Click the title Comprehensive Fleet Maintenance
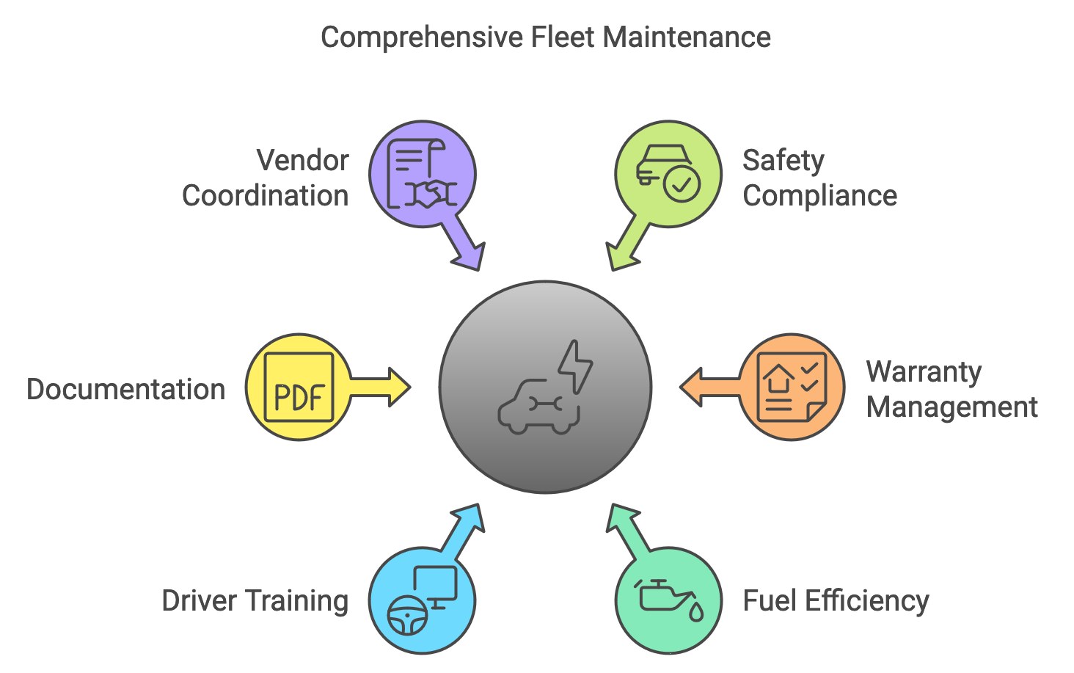545,37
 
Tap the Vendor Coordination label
266,178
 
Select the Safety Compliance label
819,178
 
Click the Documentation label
125,390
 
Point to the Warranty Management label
951,390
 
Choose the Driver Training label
255,601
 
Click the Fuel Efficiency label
836,601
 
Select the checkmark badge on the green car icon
682,183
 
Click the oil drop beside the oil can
695,611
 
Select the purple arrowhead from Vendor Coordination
470,256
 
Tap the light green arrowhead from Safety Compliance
621,256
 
